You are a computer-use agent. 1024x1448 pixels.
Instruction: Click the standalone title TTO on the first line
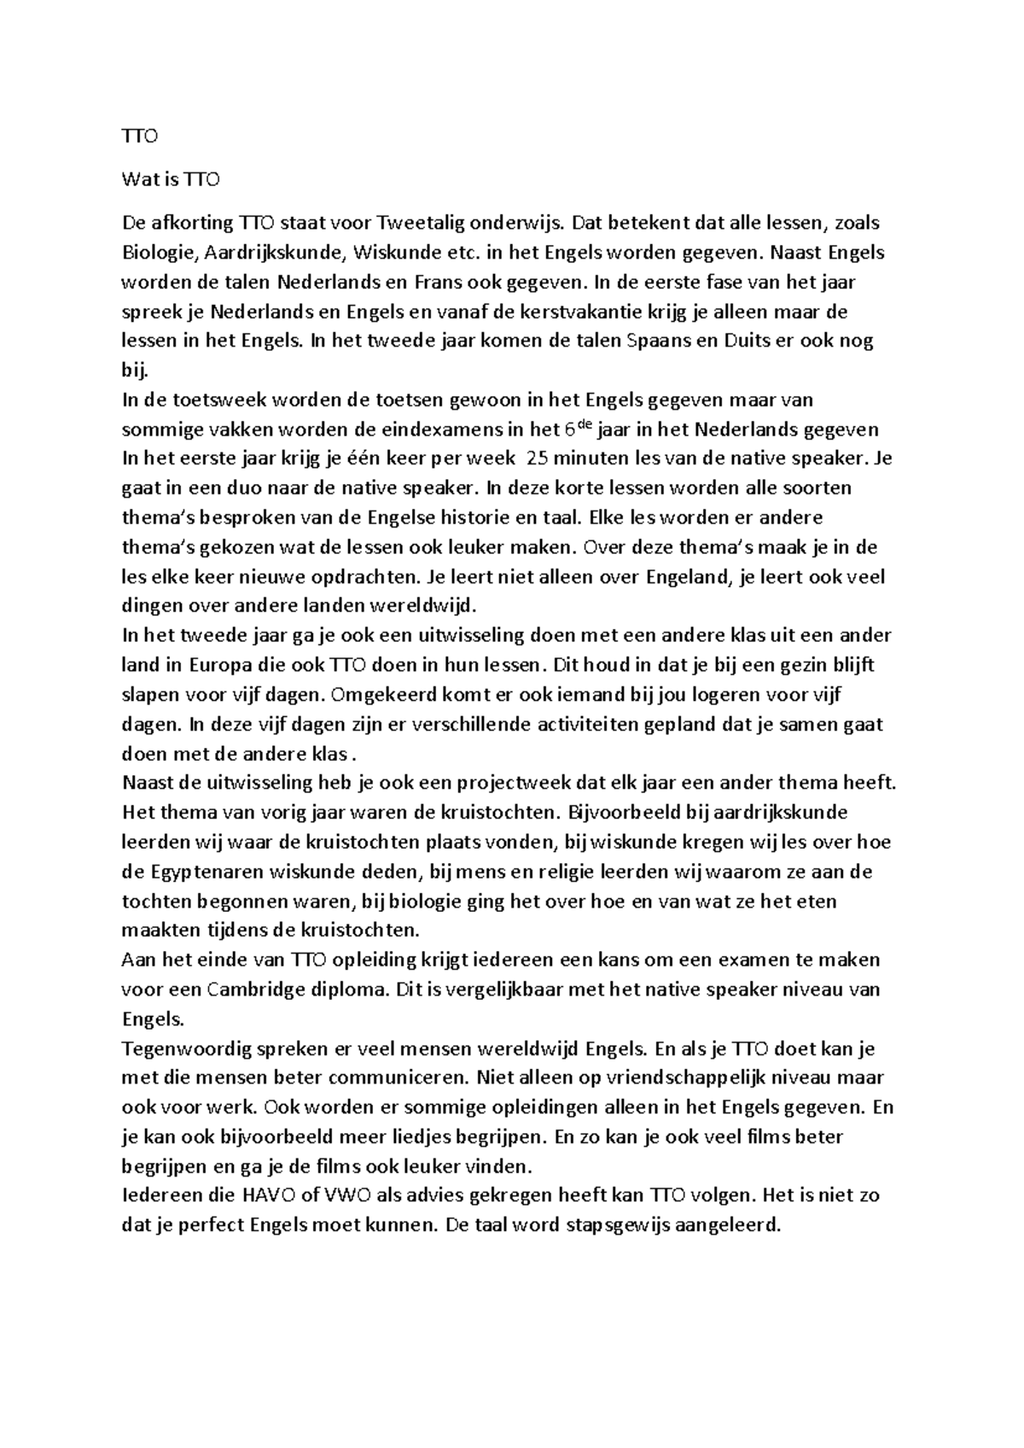pyautogui.click(x=140, y=136)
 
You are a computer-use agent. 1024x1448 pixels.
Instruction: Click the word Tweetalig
pyautogui.click(x=398, y=224)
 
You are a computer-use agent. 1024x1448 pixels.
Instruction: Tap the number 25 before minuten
pyautogui.click(x=539, y=458)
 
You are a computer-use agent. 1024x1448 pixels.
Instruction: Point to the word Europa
pyautogui.click(x=213, y=665)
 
